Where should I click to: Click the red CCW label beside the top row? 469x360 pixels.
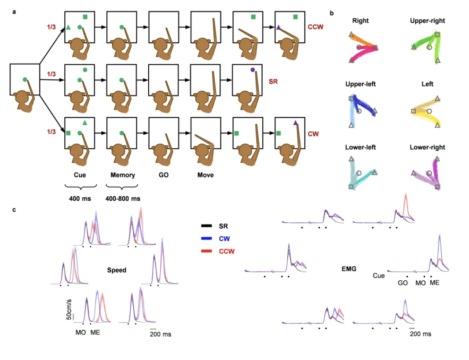[x=315, y=27]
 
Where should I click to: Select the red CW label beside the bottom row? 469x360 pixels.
[x=313, y=133]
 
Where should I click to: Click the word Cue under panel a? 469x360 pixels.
[x=80, y=175]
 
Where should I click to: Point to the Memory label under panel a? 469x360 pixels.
[x=122, y=175]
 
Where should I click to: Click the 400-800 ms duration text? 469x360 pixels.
[x=122, y=198]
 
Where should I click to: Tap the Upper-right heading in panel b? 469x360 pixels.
[x=427, y=21]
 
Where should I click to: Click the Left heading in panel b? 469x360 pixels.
[x=427, y=84]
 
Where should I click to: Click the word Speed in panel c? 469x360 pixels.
[x=117, y=270]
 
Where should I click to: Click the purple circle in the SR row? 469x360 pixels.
[x=252, y=70]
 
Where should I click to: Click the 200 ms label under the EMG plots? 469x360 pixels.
[x=421, y=334]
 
